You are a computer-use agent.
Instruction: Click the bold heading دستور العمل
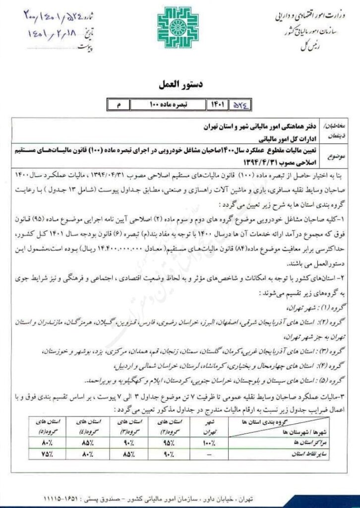[180, 86]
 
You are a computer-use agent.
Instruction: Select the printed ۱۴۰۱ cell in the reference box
[219, 105]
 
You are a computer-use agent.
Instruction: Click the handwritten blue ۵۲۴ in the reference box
[243, 105]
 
